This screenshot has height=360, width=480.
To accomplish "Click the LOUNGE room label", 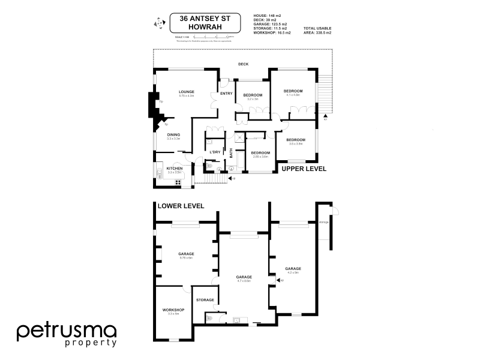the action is coord(187,92).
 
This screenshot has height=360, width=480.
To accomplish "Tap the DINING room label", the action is coord(173,134).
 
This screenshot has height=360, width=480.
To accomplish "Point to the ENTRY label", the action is coord(226,93).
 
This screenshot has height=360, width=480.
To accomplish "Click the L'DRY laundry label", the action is coord(215,152).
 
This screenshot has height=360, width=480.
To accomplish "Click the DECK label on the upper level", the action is coord(243,64).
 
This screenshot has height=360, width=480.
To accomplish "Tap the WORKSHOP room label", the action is coord(173,310).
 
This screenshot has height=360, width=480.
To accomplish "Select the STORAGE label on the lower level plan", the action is coord(205,299).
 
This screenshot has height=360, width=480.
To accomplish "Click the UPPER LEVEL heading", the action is coord(304,169).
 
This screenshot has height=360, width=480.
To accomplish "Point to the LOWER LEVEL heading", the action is coord(181,206).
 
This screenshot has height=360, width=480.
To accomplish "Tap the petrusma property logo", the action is coord(66,334).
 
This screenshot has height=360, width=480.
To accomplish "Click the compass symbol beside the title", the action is coord(159,23).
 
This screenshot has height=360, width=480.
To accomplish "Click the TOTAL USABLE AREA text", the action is coord(317,31).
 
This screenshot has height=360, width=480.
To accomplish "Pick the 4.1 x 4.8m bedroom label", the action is coord(293,94).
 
